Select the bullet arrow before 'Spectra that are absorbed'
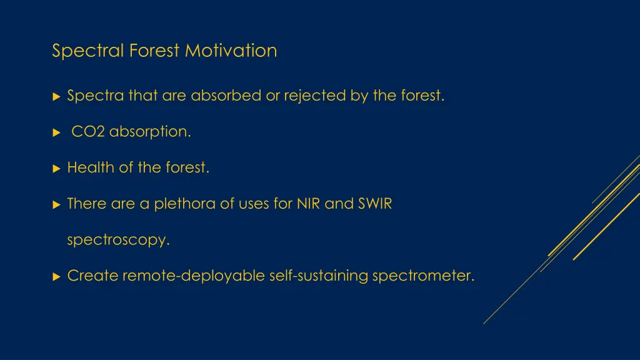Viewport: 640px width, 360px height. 56,96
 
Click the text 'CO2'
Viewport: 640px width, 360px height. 88,132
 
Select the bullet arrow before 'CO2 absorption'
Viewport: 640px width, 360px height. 56,132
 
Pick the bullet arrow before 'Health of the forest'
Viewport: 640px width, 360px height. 56,168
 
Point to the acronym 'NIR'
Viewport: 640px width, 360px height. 309,204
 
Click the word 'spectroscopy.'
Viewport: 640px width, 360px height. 118,240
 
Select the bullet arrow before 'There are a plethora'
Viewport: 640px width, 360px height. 56,204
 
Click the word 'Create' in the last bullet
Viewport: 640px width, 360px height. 92,276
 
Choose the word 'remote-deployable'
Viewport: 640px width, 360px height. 194,276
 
